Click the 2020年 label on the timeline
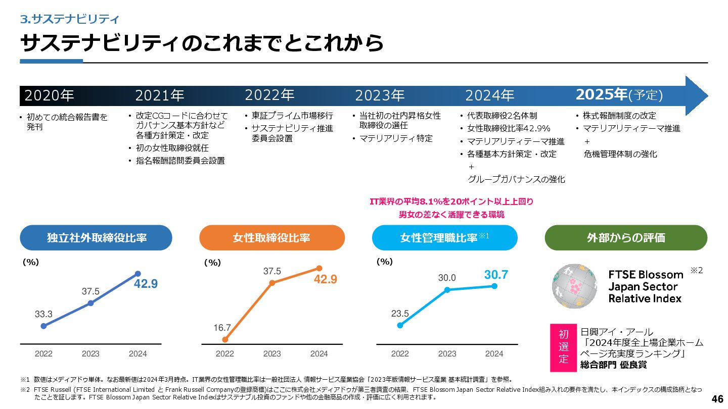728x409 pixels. tap(49, 95)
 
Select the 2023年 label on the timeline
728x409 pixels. tap(380, 95)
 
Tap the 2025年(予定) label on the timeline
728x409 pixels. tap(619, 94)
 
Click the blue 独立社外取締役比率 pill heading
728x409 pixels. tap(96, 238)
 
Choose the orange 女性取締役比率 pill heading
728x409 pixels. tap(272, 238)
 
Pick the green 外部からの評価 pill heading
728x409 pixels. tap(626, 238)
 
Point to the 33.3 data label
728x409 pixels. tap(43, 314)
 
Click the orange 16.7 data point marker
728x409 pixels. tap(225, 340)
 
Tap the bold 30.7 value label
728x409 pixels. tap(496, 275)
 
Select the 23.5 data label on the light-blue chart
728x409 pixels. tap(400, 314)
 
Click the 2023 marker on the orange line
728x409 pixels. tap(272, 283)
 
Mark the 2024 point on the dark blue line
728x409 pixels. tap(138, 274)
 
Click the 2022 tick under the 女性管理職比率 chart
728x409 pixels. tap(400, 353)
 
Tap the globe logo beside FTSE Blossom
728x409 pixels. tap(574, 286)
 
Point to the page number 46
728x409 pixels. tap(717, 399)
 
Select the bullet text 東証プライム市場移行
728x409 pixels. tap(292, 116)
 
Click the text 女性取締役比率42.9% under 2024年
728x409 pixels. tap(509, 128)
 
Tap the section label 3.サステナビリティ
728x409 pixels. tap(69, 20)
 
